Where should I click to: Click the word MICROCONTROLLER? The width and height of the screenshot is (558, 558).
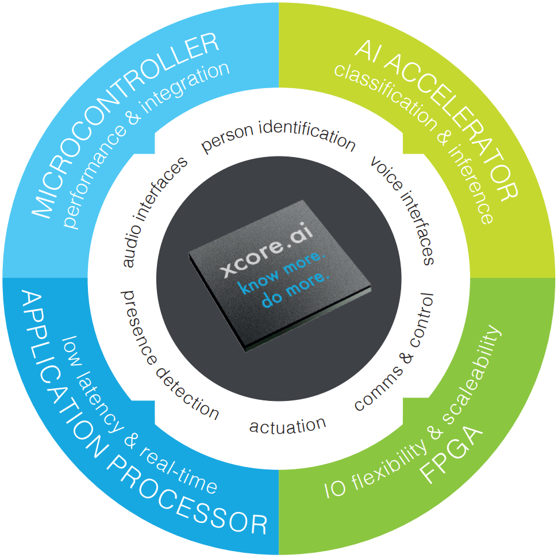[x=125, y=125]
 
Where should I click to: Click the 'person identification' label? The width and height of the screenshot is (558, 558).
[x=278, y=137]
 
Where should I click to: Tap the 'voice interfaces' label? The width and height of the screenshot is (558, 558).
[x=402, y=210]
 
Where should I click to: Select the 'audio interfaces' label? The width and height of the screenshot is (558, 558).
[x=155, y=212]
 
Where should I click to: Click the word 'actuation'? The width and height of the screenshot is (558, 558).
[x=287, y=426]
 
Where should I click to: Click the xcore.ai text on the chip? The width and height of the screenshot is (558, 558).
[x=267, y=250]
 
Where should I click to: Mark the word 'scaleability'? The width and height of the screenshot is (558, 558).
[x=473, y=373]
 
